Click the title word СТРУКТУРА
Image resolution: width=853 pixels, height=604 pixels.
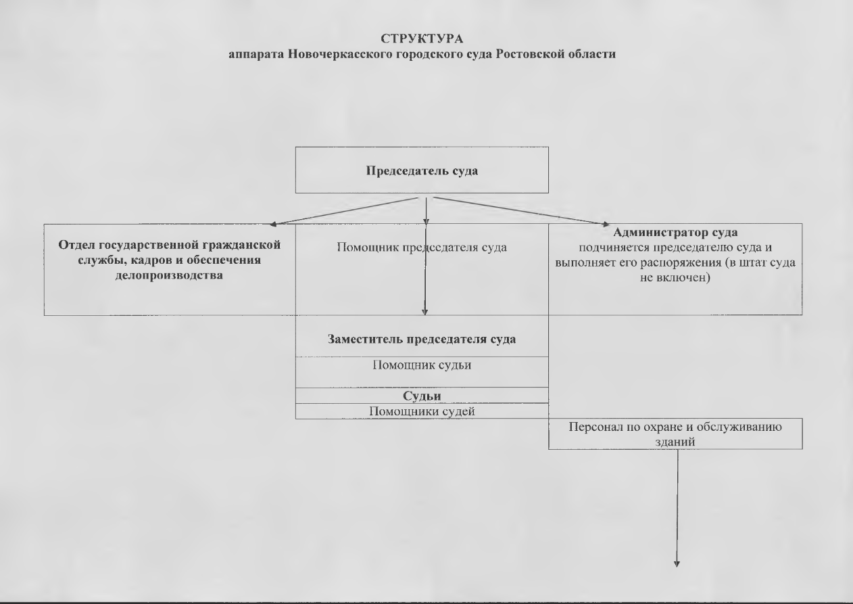coord(422,39)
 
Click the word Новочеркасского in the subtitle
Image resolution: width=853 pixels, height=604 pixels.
coord(339,54)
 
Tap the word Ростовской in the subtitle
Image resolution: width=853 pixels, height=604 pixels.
coord(531,54)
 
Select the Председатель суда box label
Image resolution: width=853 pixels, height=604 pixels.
coord(422,170)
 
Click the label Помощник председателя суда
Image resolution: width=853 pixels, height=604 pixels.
coord(422,248)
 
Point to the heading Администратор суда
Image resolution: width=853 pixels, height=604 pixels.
coord(675,232)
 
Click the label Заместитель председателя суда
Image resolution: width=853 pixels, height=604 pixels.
coord(422,339)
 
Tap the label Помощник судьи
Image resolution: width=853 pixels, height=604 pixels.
coord(422,365)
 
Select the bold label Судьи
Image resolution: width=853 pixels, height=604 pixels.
coord(422,396)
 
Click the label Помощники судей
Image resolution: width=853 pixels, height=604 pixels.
coord(422,411)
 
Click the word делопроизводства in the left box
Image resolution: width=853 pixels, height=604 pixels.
coord(169,275)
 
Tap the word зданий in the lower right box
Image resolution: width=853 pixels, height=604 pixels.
coord(675,442)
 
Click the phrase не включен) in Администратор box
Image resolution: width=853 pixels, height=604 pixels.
coord(675,277)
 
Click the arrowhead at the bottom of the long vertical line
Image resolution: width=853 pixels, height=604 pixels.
coord(677,564)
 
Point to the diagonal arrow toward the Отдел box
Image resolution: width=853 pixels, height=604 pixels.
coord(344,211)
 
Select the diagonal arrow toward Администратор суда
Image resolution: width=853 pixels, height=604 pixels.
coord(522,211)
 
